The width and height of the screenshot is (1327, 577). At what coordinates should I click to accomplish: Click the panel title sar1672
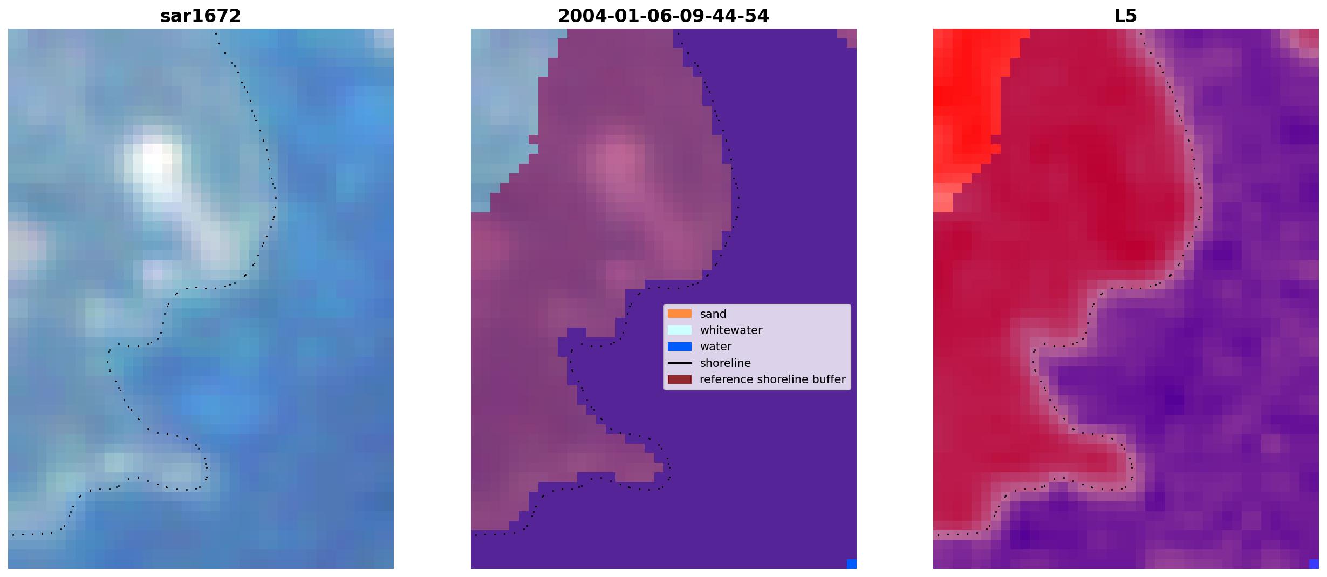[201, 16]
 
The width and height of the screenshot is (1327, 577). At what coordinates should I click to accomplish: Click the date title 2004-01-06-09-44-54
[663, 16]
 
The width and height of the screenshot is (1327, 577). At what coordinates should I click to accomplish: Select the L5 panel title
[1126, 16]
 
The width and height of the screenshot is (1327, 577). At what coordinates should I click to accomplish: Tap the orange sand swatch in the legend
[680, 314]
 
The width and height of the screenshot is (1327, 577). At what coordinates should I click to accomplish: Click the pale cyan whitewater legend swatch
[680, 330]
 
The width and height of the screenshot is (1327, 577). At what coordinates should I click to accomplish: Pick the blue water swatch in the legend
[680, 347]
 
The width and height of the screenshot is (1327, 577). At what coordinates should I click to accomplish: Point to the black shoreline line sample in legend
[680, 363]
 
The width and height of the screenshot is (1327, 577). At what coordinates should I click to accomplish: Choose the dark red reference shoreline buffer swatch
[680, 379]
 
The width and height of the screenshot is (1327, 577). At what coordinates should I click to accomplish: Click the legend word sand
[713, 314]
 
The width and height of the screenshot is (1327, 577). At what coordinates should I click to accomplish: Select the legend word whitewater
[731, 330]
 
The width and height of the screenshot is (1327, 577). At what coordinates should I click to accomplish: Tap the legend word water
[716, 347]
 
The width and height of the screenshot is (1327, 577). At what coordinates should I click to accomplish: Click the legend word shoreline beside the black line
[726, 363]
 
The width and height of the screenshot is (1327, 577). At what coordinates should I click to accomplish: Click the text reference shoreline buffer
[772, 379]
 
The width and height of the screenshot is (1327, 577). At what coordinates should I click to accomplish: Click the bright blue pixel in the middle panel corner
[852, 564]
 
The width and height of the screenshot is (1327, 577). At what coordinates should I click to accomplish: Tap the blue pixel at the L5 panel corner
[1314, 564]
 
